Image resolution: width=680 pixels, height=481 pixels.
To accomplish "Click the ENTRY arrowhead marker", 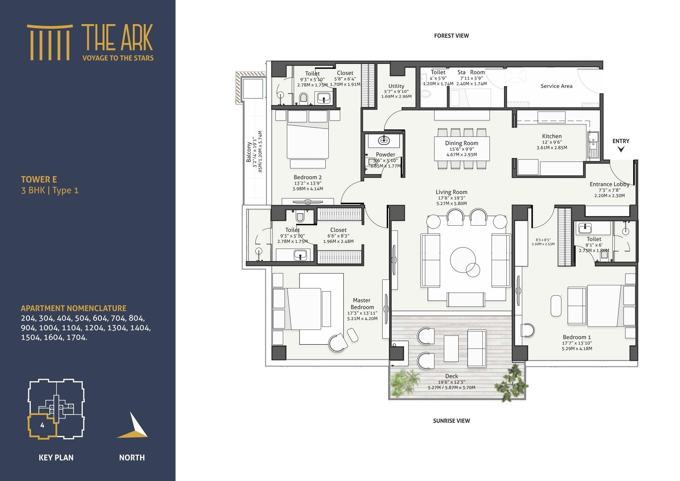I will coord(621,149).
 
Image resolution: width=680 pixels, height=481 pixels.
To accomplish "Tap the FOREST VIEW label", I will coord(451,36).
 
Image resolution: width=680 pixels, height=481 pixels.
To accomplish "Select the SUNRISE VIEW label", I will coord(451,421).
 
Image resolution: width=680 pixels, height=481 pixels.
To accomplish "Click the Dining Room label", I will coord(462,143).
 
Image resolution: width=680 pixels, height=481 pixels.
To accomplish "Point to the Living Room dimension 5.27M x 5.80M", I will coord(451,203).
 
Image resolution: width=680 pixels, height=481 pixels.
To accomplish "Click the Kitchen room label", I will coord(552,136).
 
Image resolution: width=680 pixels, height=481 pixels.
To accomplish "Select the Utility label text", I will coord(396,86).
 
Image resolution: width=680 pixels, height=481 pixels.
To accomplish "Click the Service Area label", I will coord(556,86).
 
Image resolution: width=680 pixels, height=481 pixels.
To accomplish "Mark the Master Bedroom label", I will coord(362,304).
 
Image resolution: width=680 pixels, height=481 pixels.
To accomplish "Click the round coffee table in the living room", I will coord(463,260).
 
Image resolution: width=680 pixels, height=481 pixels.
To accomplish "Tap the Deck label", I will coord(451,376).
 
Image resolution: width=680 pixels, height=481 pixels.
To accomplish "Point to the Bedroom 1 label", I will coord(577,337).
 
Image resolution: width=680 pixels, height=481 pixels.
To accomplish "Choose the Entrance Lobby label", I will coord(609,184).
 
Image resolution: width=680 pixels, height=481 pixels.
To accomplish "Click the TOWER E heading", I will coord(39,180).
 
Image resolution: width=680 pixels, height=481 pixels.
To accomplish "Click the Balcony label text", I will coord(249,152).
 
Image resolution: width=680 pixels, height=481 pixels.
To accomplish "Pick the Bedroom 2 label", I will coord(308,177).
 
